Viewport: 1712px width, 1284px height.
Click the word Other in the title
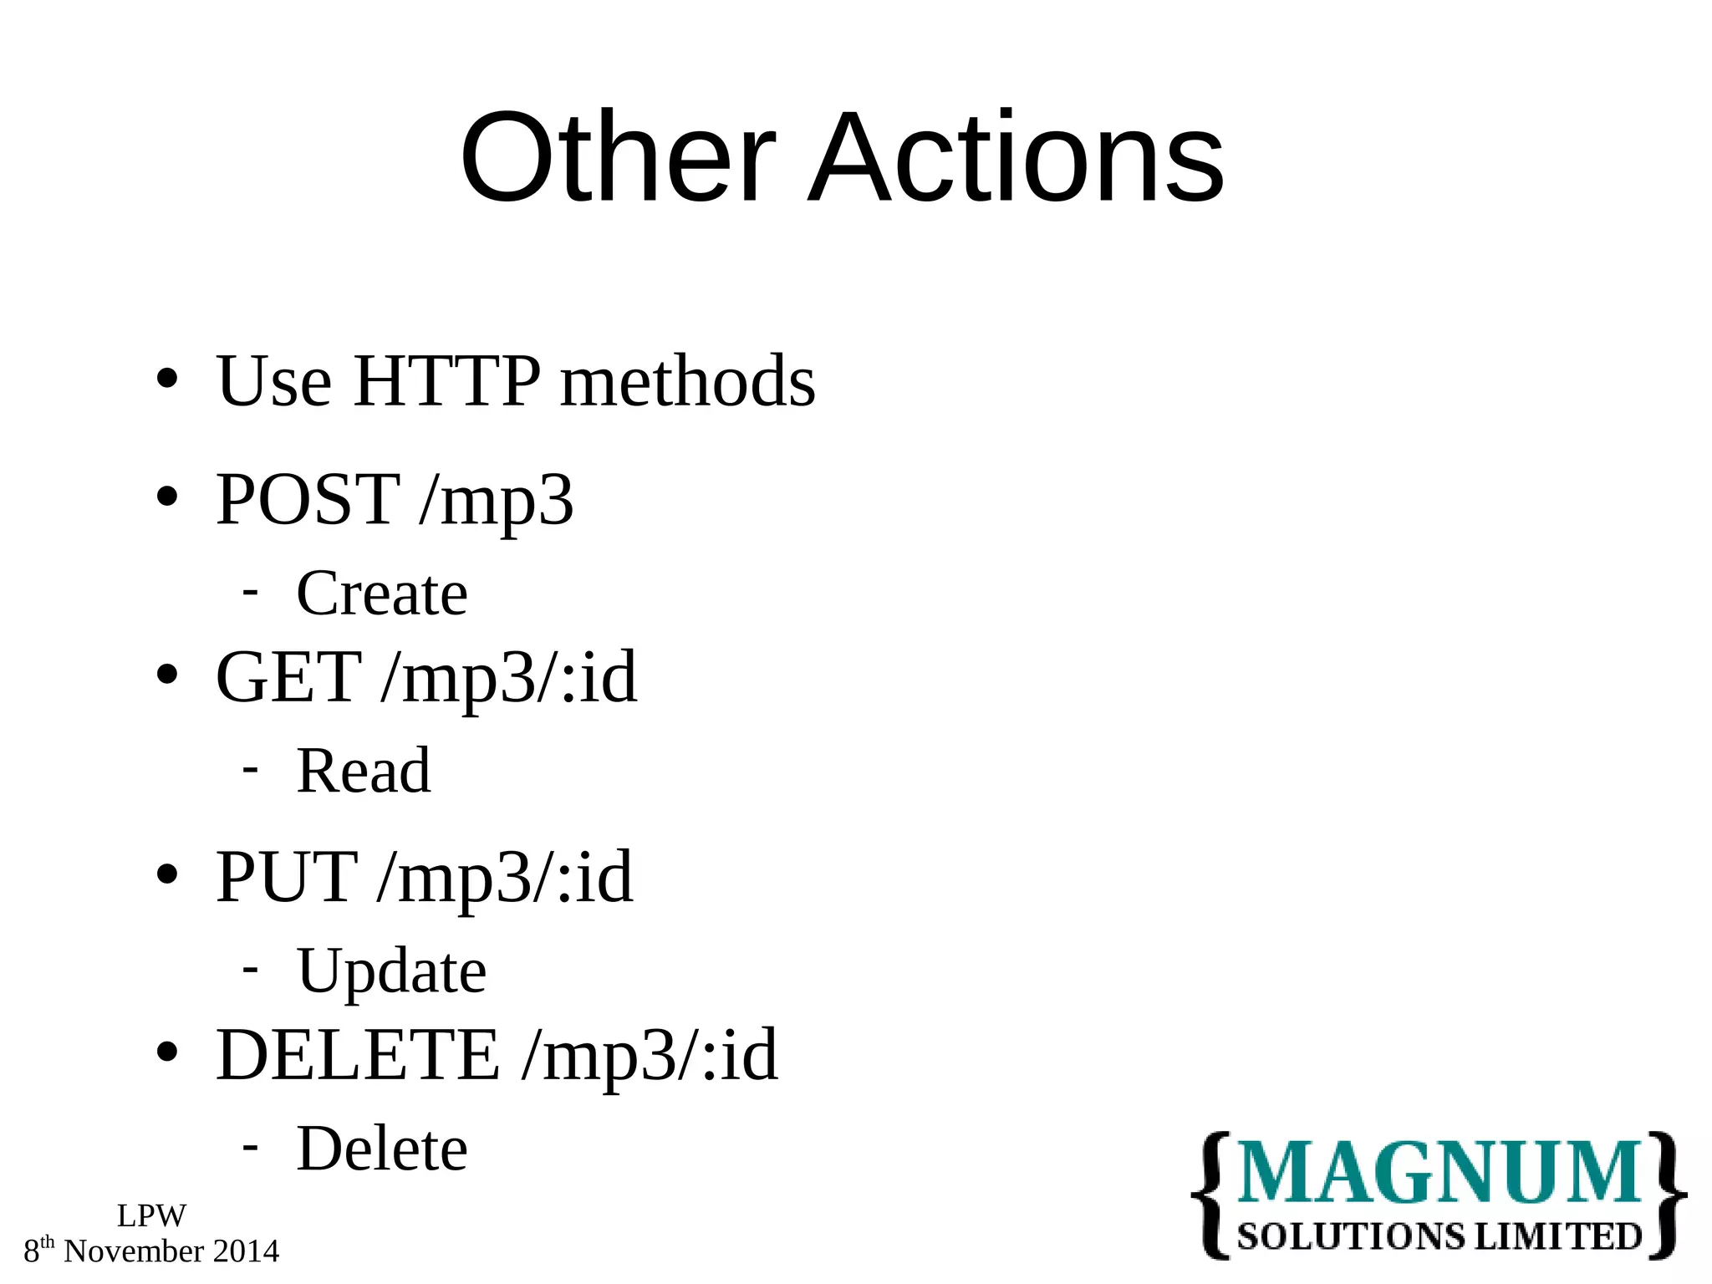point(618,158)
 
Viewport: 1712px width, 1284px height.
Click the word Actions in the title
point(1016,158)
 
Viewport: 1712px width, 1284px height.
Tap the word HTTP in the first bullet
point(447,381)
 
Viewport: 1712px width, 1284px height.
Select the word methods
point(687,381)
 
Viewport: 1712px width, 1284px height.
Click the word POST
point(308,499)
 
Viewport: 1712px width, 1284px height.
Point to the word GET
point(288,677)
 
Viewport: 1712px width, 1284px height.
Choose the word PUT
point(287,877)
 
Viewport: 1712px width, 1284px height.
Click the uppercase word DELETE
point(358,1055)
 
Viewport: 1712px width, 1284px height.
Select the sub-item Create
point(382,594)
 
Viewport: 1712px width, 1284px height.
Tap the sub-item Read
point(364,771)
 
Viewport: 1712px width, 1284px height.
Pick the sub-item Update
point(391,971)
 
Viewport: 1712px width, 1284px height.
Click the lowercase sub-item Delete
point(382,1149)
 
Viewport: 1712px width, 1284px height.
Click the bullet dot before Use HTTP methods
point(167,379)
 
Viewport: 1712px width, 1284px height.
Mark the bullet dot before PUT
point(167,874)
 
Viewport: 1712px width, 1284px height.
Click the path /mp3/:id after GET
point(509,677)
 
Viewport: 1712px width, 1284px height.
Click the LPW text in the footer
point(151,1215)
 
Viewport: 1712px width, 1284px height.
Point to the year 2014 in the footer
point(246,1251)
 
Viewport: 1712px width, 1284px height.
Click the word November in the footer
point(134,1251)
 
